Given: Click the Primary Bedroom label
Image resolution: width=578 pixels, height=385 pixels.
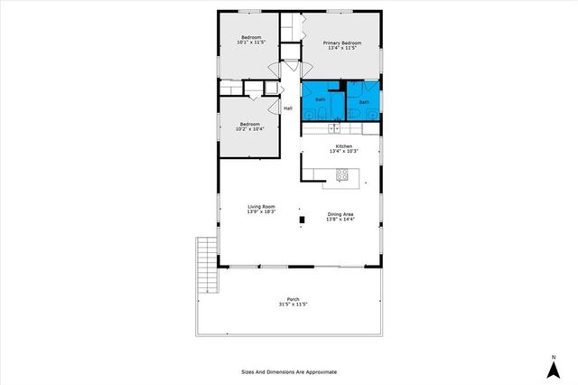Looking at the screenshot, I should point(342,42).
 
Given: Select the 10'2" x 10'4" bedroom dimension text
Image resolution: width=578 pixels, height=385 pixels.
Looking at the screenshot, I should point(250,129).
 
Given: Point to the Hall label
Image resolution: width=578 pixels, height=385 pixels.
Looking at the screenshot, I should point(288,108).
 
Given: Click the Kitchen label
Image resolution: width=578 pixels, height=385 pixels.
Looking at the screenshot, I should point(343,146).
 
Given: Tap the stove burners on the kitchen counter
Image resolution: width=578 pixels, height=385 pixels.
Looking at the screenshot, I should point(342,174).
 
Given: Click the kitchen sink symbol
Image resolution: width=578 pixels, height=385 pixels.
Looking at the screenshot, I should point(333,128).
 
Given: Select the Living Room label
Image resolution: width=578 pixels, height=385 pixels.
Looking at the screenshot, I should point(262,207).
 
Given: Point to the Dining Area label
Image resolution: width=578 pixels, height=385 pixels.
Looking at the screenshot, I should point(341,213).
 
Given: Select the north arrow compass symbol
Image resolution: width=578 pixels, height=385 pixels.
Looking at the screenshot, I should point(552,368).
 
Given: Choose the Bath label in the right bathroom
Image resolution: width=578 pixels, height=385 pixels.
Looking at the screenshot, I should point(364,102).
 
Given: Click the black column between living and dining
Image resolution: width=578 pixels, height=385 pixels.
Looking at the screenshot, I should point(302,218).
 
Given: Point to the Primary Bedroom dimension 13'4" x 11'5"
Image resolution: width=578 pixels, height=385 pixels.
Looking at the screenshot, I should point(342,48).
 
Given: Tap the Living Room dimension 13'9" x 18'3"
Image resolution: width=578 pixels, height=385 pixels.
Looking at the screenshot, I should point(262,212).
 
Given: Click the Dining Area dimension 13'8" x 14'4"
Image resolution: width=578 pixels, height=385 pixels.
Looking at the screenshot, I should point(341,219).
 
